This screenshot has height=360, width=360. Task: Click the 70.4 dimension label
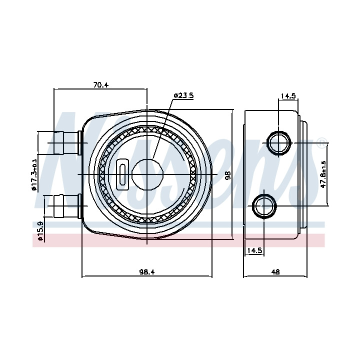[100, 85]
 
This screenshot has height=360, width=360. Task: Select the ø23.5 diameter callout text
[183, 95]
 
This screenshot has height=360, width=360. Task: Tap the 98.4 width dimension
[147, 272]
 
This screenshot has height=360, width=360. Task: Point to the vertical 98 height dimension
[228, 175]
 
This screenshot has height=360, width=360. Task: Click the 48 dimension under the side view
[275, 272]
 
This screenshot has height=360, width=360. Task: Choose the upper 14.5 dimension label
[288, 95]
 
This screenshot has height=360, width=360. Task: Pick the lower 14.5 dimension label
[254, 250]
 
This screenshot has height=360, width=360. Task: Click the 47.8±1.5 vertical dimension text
[323, 174]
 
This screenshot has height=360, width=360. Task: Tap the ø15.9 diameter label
[40, 230]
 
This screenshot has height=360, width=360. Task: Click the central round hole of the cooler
[147, 174]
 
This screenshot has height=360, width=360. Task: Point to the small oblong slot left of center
[122, 174]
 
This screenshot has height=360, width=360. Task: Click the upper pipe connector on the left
[67, 143]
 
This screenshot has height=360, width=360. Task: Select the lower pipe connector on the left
[67, 206]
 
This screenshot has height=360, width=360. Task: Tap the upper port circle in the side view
[278, 143]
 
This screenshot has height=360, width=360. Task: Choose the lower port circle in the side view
[264, 206]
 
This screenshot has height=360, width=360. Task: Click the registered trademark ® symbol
[321, 143]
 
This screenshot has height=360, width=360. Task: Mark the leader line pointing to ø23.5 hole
[161, 129]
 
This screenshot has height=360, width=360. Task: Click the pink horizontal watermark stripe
[178, 240]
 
